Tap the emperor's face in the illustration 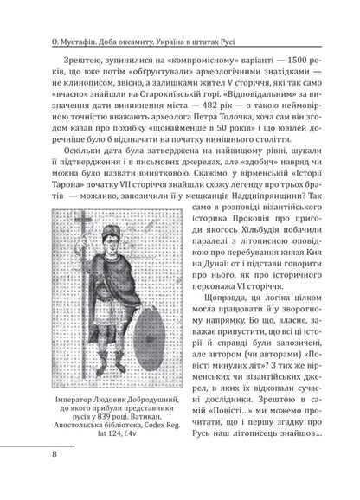[110, 258]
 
